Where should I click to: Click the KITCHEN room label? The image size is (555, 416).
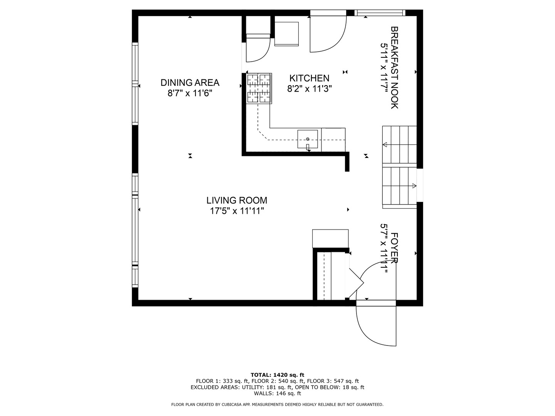[309, 78]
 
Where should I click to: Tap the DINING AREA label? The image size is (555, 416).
[190, 82]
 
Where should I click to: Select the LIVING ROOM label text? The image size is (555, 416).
[237, 200]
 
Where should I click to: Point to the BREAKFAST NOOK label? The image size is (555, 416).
[394, 68]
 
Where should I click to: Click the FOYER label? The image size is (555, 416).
[394, 248]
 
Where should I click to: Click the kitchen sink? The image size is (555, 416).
[308, 139]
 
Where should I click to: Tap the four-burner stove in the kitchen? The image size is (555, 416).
[259, 89]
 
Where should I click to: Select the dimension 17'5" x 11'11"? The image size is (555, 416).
[237, 211]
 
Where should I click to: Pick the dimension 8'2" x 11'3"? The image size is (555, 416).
[309, 89]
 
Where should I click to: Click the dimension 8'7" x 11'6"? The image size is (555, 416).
[190, 93]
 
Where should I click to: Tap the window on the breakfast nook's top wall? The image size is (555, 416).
[380, 13]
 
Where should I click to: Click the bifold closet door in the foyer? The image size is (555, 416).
[356, 283]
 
